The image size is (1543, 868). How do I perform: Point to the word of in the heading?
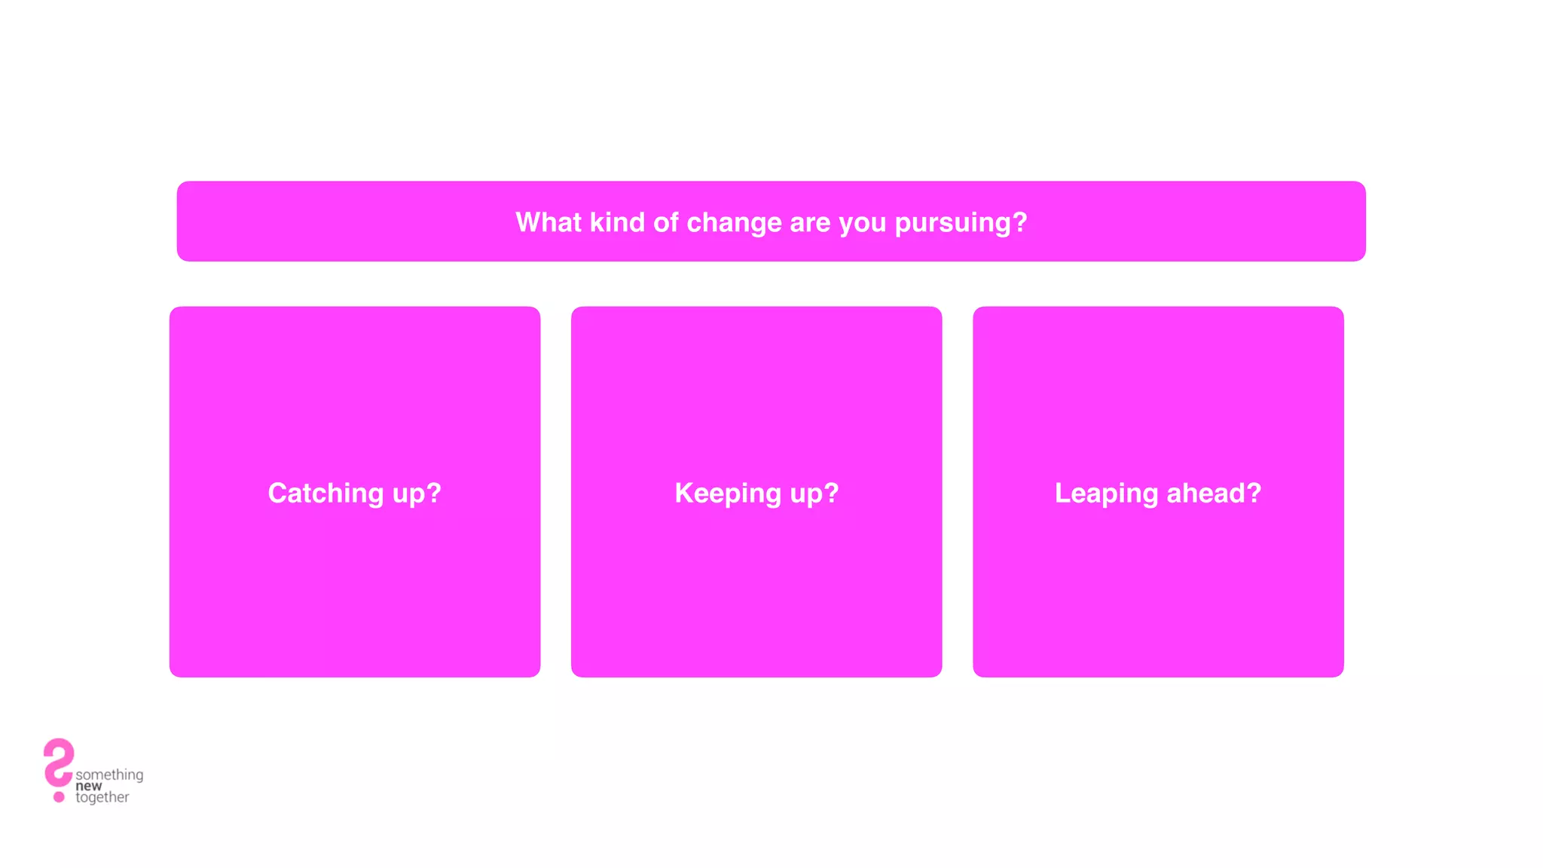pyautogui.click(x=665, y=222)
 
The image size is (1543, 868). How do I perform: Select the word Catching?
pyautogui.click(x=325, y=494)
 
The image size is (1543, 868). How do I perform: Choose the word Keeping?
pyautogui.click(x=728, y=494)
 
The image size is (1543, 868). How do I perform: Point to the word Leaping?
pyautogui.click(x=1106, y=494)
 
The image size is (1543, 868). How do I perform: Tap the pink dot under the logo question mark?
pyautogui.click(x=59, y=796)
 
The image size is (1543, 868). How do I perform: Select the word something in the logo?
pyautogui.click(x=109, y=775)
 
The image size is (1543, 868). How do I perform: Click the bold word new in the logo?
pyautogui.click(x=88, y=786)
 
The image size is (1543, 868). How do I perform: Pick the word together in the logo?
pyautogui.click(x=102, y=797)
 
